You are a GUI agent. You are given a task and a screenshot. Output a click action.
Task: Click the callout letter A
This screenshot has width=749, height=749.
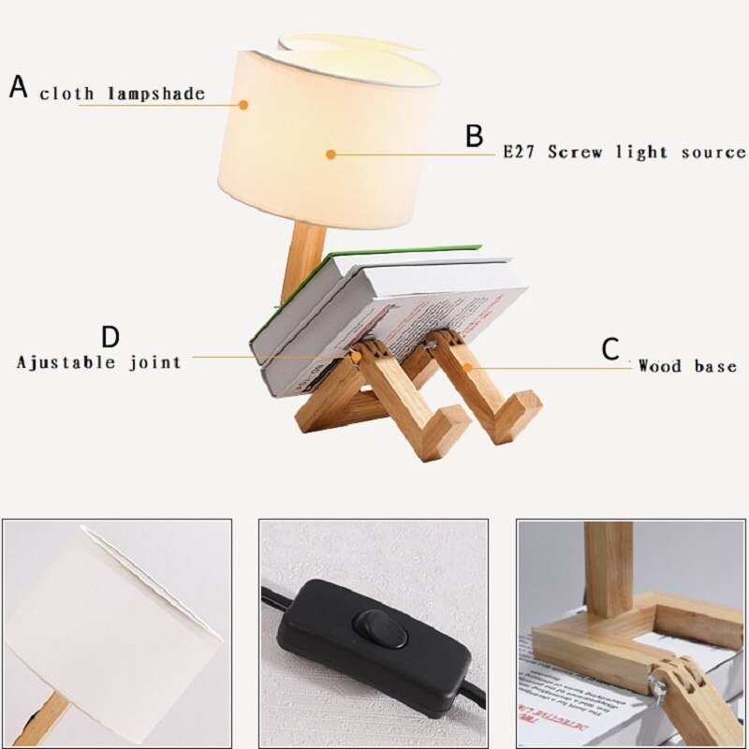coord(19,87)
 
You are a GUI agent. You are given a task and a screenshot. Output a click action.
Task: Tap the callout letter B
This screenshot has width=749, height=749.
coord(475,136)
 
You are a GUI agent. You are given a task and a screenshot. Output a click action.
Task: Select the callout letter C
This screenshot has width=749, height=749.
coord(610,350)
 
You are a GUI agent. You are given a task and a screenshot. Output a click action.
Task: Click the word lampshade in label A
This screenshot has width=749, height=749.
coord(161,95)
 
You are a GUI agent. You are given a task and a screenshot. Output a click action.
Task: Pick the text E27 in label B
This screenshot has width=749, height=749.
coord(521,152)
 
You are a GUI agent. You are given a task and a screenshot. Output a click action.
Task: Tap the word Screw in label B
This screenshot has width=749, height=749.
coord(577,152)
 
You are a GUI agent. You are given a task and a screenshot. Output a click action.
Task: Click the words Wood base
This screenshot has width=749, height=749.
coord(687,366)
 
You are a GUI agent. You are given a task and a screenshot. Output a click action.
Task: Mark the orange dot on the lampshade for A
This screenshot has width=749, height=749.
coord(244,105)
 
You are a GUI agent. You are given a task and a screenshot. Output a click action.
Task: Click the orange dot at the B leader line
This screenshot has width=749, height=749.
coord(330,155)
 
